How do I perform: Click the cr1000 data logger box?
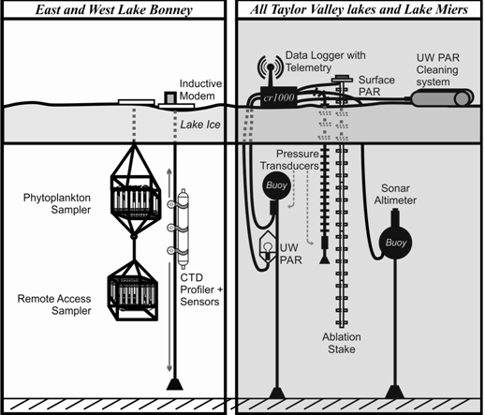tap(278, 97)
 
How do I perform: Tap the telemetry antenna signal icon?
tap(271, 67)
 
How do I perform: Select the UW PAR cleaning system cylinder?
tap(442, 98)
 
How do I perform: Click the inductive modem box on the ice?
tap(170, 97)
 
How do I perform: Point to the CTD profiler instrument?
tap(183, 229)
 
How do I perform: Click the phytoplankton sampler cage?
tap(136, 196)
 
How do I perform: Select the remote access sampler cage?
tap(133, 293)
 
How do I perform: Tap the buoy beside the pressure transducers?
tap(276, 185)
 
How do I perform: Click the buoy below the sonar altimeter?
tap(395, 243)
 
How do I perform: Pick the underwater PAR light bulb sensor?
tap(267, 246)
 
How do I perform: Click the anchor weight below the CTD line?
tap(175, 384)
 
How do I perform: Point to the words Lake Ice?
tap(200, 125)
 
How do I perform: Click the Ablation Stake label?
tap(342, 343)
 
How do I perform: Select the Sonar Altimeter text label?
tap(395, 194)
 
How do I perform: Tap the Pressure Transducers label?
tap(289, 159)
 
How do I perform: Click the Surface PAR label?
tap(376, 86)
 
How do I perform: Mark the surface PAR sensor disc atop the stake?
tap(342, 78)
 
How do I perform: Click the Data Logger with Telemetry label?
tap(325, 61)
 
